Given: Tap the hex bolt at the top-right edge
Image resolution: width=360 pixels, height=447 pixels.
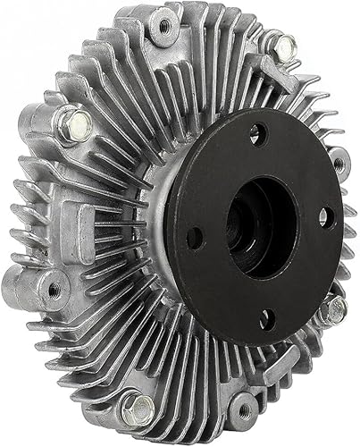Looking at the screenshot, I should pyautogui.click(x=284, y=46).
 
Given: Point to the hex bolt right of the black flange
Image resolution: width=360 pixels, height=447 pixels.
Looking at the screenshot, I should pyautogui.click(x=335, y=309).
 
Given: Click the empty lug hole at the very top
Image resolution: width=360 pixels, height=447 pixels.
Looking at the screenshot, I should pyautogui.click(x=163, y=28).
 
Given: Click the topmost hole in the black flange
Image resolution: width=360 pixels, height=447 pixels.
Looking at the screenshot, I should pyautogui.click(x=256, y=133).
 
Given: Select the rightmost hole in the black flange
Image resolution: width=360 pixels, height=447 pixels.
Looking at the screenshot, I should pyautogui.click(x=324, y=215).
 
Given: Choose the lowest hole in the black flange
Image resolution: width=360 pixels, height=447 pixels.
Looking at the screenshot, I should pyautogui.click(x=264, y=316).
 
